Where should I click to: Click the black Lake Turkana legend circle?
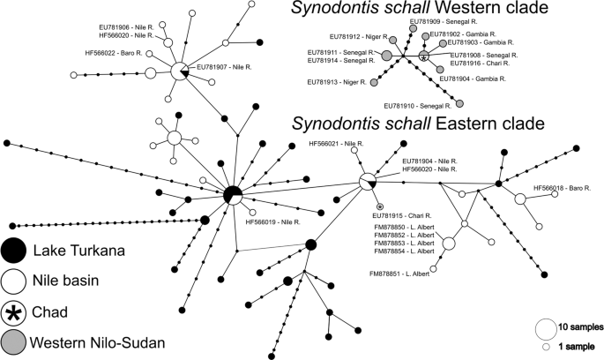(x=13, y=251)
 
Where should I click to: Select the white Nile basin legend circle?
(x=13, y=281)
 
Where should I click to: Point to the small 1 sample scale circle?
(x=545, y=347)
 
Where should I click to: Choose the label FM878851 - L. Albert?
(x=405, y=274)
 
